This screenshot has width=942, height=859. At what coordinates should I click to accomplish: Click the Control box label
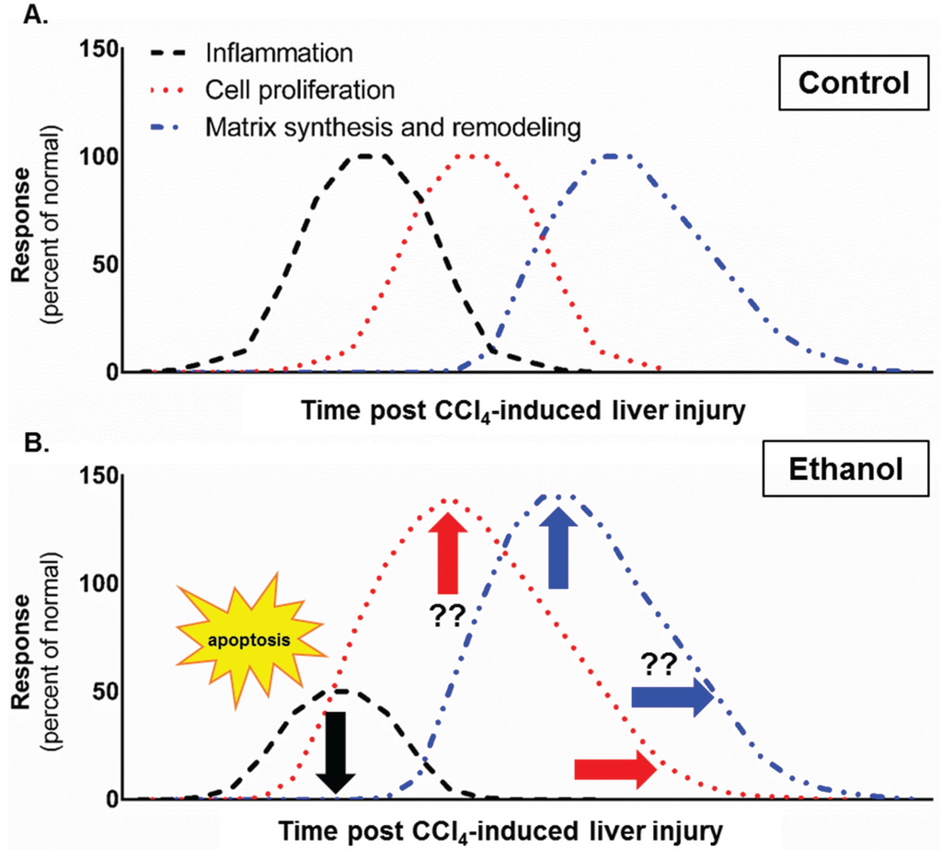tap(852, 82)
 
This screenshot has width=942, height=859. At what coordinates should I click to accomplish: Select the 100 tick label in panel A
tap(107, 156)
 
